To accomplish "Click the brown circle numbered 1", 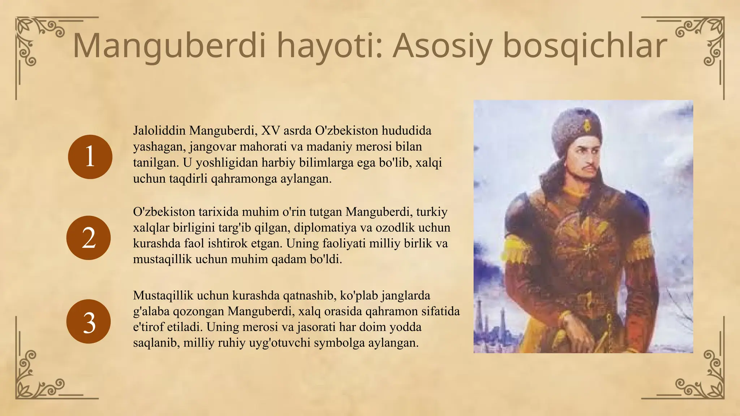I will pyautogui.click(x=90, y=157).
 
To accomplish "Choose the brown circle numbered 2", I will pyautogui.click(x=89, y=238).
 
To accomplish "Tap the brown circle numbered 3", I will pyautogui.click(x=89, y=321).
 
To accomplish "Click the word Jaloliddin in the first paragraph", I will pyautogui.click(x=159, y=130).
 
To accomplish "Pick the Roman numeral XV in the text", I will pyautogui.click(x=270, y=130).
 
